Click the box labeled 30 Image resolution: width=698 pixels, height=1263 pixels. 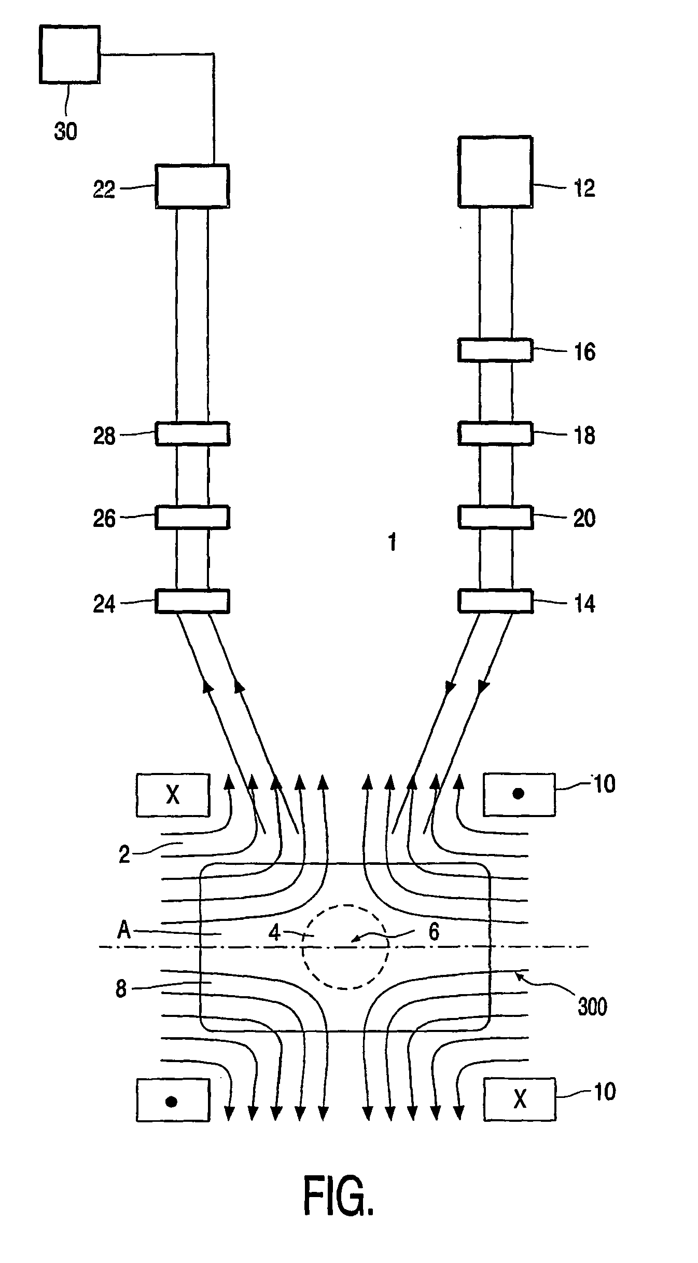coord(69,55)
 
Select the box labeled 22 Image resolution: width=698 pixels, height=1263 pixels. coord(192,186)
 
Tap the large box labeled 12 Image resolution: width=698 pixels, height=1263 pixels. coord(495,172)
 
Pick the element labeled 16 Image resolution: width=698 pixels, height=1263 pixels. coord(495,350)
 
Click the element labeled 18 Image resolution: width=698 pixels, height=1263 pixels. coord(495,434)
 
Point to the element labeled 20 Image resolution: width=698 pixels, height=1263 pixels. coord(495,517)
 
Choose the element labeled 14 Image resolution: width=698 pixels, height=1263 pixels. coord(495,601)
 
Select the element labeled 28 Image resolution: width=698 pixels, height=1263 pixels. coord(192,434)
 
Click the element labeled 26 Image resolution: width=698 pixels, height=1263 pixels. coord(192,517)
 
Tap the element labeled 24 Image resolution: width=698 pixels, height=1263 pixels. coord(192,601)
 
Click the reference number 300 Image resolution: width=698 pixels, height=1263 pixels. coord(592,1007)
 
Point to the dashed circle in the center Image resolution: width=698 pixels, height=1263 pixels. coord(345,947)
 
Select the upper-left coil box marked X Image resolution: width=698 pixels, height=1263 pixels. coord(173,795)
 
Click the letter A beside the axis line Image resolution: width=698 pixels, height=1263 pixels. coord(124,931)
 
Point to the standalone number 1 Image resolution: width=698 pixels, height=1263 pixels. coord(393,542)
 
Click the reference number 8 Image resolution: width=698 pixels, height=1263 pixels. coord(121,989)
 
